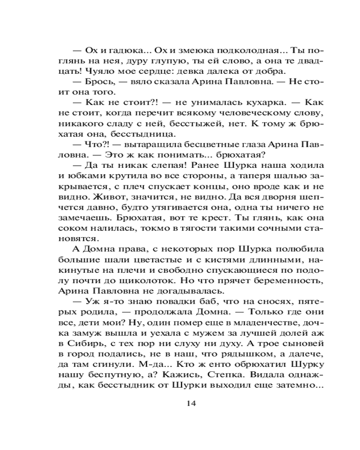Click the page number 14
click(191, 403)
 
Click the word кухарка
click(241, 103)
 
